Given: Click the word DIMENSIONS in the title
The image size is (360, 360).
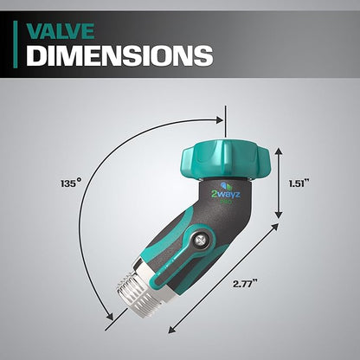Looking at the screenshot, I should pyautogui.click(x=119, y=56).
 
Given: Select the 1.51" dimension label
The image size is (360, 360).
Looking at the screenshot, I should pyautogui.click(x=301, y=183).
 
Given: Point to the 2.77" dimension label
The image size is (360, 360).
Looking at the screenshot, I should pyautogui.click(x=245, y=282).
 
